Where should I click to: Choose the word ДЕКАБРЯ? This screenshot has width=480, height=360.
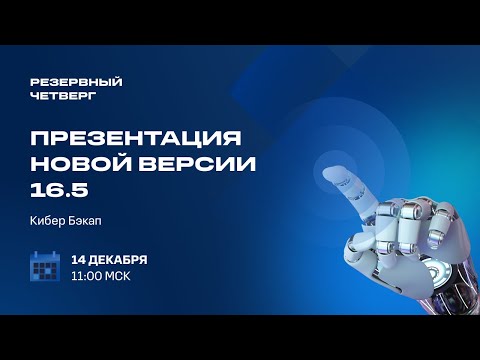tap(119, 259)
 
